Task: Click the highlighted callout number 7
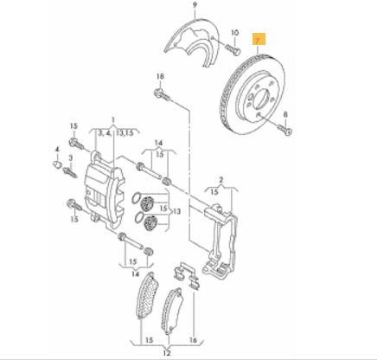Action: click(259, 40)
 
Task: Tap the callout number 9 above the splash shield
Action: click(195, 4)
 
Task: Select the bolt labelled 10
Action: click(233, 49)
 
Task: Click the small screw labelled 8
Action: click(284, 129)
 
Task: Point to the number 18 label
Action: click(160, 76)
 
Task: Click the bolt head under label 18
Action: click(159, 93)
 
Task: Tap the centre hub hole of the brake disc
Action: click(261, 98)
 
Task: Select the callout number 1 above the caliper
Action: click(113, 119)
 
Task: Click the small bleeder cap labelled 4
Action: click(57, 164)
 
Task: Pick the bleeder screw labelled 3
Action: click(70, 172)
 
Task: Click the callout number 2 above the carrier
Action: click(220, 180)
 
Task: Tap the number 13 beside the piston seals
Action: click(176, 211)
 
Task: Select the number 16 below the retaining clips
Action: click(193, 340)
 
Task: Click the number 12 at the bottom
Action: click(167, 352)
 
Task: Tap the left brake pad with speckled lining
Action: click(147, 295)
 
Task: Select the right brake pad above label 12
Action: click(172, 310)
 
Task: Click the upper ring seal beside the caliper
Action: click(137, 198)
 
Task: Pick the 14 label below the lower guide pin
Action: click(136, 273)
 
